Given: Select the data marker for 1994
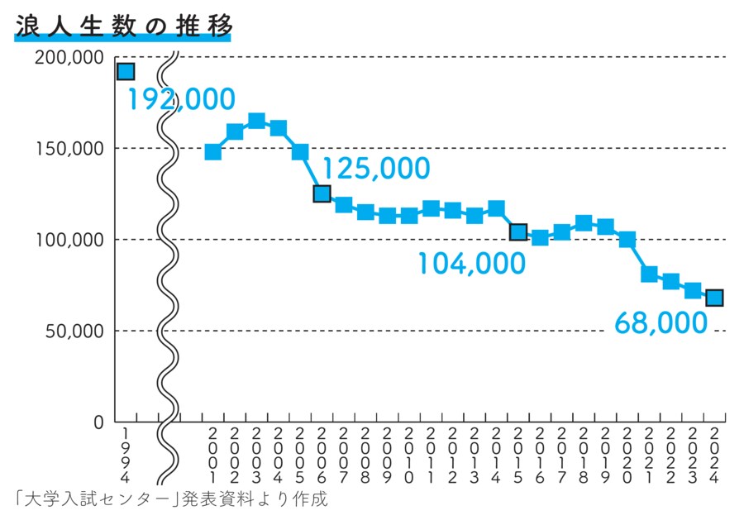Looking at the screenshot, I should (x=125, y=72).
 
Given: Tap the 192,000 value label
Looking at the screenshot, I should (x=180, y=100).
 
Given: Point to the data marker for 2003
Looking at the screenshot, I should (x=256, y=122).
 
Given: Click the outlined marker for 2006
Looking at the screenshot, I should (x=322, y=193).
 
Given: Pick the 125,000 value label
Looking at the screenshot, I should (x=375, y=169).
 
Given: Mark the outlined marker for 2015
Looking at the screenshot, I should (x=518, y=232).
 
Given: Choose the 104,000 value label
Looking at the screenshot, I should (x=470, y=264).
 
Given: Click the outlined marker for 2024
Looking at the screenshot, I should (x=714, y=298).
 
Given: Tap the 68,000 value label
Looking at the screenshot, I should (x=661, y=323).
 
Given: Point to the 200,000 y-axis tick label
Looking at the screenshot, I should (x=70, y=57).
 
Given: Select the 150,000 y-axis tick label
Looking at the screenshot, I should (x=70, y=148).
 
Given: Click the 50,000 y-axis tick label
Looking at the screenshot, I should (x=74, y=331).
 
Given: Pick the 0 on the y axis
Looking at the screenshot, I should (x=98, y=422).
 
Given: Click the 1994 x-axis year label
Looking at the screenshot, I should (x=125, y=456).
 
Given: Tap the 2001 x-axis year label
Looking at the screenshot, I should (x=212, y=456).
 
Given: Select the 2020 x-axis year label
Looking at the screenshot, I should (x=627, y=456).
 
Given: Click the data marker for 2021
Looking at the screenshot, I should (x=649, y=274).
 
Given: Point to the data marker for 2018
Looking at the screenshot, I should (x=584, y=223).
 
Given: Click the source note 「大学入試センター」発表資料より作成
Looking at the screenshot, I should (x=171, y=499).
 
